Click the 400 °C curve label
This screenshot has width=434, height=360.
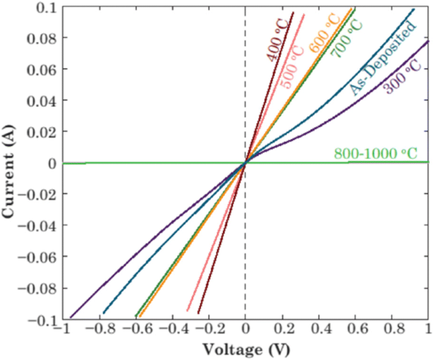pos(277,41)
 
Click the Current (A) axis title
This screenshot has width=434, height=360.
pos(10,164)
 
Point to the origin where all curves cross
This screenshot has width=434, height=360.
pos(245,164)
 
